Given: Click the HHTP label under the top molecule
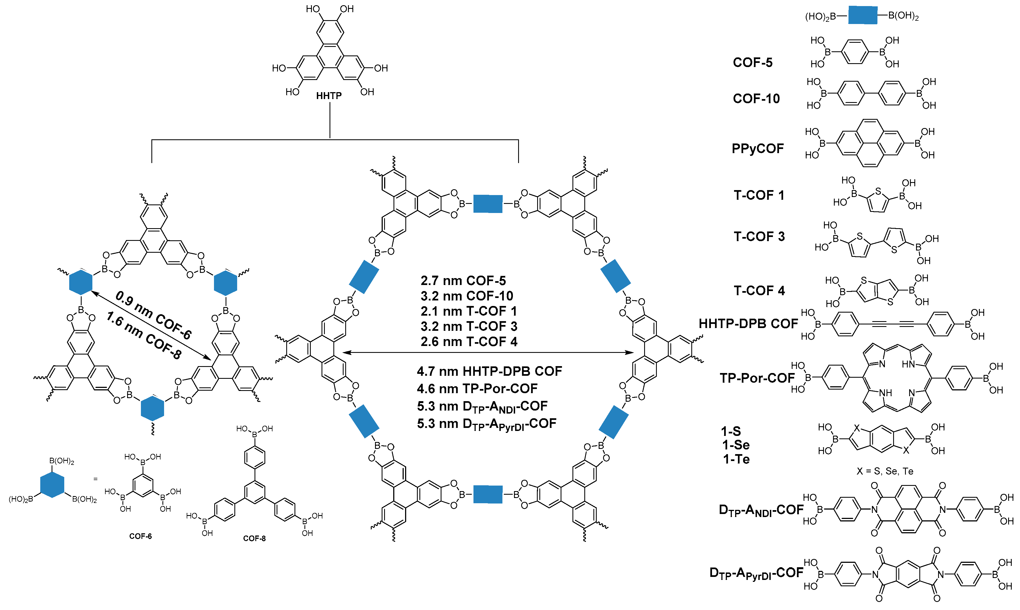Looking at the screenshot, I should click(329, 96).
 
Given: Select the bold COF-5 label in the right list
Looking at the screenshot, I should click(752, 62).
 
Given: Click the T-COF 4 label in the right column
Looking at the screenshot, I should click(759, 291).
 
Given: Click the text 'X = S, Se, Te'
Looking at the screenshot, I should click(884, 471).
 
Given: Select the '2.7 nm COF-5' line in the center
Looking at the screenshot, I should click(463, 281).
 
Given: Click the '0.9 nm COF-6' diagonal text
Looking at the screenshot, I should click(153, 315).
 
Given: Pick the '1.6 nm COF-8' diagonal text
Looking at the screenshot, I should click(143, 335).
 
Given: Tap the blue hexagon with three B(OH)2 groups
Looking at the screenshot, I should click(52, 485).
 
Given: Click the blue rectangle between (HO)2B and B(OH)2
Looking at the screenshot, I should click(862, 16).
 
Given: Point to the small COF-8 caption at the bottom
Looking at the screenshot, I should click(254, 539).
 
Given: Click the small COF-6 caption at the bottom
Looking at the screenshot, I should click(140, 536).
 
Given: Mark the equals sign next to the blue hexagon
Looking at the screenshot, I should click(95, 479).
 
